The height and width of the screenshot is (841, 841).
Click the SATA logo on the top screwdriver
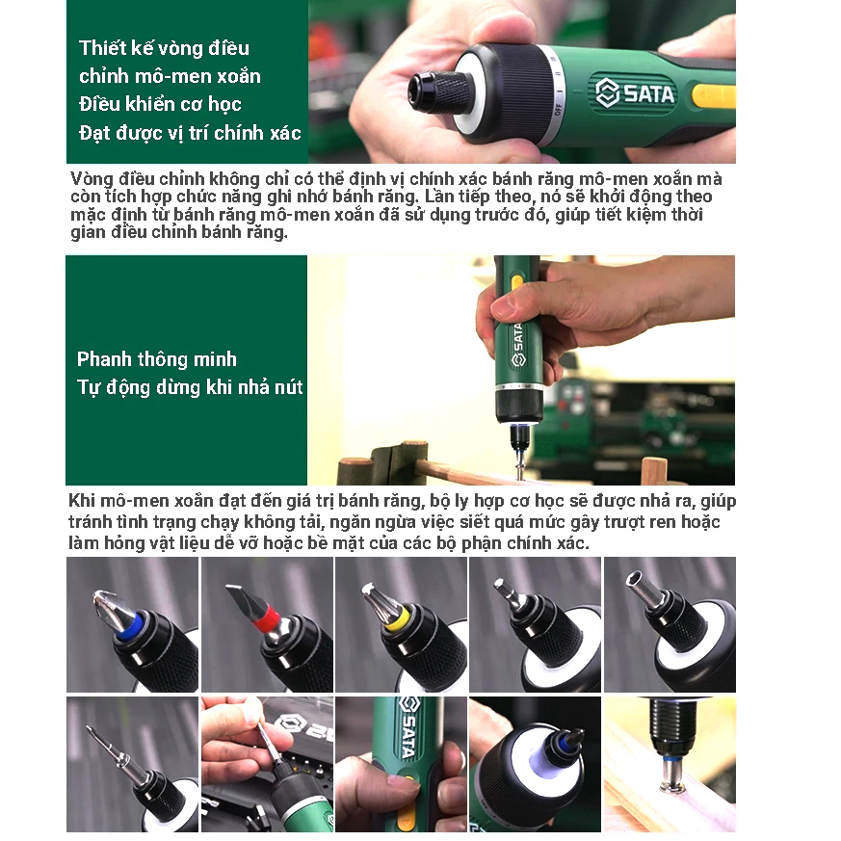(x=635, y=93)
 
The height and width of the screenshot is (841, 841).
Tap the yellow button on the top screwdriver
(x=713, y=96)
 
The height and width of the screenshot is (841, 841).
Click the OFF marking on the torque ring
(x=558, y=110)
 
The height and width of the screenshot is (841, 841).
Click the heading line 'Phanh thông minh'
(x=157, y=358)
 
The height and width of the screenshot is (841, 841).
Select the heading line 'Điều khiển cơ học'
(x=160, y=103)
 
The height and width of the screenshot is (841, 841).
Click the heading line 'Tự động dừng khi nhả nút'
(x=190, y=386)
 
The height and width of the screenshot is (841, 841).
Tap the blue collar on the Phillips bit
(x=130, y=625)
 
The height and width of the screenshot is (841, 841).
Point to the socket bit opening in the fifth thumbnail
(x=634, y=579)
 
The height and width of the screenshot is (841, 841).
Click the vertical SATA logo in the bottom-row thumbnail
(x=408, y=726)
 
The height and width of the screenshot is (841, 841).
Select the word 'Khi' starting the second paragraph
(x=82, y=500)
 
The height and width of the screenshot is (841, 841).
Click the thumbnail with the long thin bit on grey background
(x=133, y=764)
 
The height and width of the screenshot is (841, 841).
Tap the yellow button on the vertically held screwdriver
(x=516, y=282)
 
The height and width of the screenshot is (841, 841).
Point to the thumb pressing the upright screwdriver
(x=504, y=304)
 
